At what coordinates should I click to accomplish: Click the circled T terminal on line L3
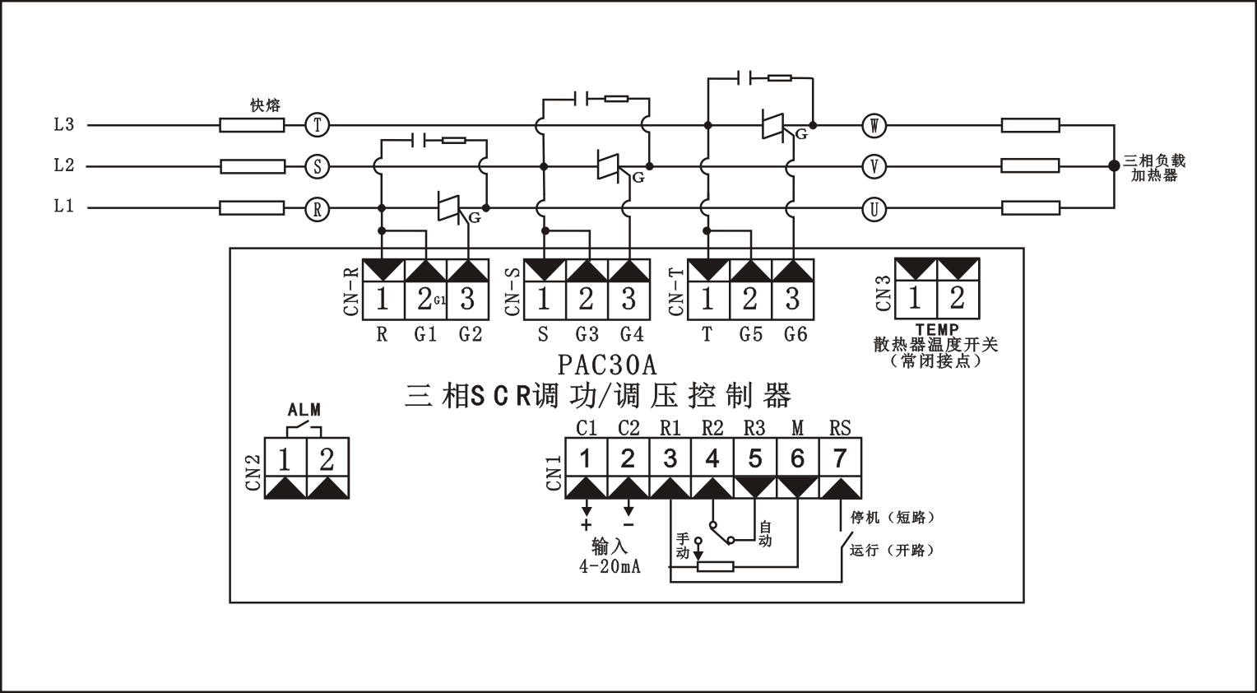(x=318, y=125)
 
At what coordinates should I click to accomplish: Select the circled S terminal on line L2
(x=318, y=166)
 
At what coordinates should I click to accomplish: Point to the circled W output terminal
(x=874, y=126)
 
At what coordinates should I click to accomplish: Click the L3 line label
(x=64, y=125)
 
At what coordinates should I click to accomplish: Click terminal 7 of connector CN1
(x=840, y=458)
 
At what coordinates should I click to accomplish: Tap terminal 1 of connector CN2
(x=285, y=458)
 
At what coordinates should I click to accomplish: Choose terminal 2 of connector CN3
(x=958, y=298)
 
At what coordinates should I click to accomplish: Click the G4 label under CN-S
(x=632, y=335)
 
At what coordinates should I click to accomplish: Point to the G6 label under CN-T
(x=795, y=335)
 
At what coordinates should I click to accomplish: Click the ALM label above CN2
(x=304, y=410)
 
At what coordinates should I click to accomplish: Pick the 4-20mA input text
(x=609, y=567)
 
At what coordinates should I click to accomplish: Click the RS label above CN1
(x=840, y=428)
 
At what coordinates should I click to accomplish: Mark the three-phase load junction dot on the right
(x=1114, y=166)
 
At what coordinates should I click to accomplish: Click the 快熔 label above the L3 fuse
(x=265, y=106)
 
